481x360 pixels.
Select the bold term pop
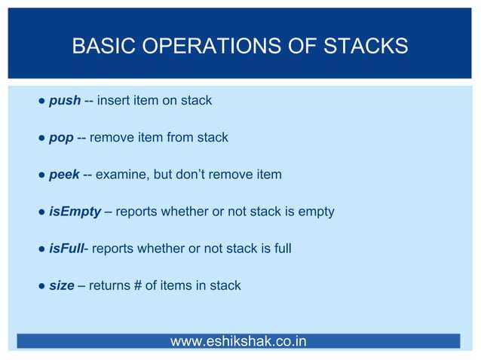(61, 138)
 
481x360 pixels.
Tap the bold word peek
(64, 175)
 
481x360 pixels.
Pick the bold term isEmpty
(75, 212)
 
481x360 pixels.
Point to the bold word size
(61, 285)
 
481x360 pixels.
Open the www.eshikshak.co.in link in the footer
(238, 341)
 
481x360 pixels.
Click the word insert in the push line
(114, 101)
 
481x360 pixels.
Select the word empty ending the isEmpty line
(317, 212)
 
